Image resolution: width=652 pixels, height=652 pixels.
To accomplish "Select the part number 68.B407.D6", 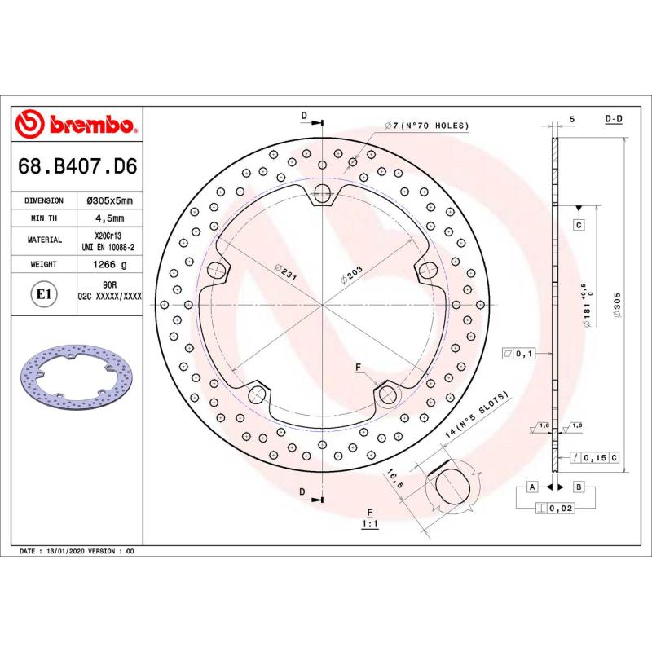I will click(77, 168).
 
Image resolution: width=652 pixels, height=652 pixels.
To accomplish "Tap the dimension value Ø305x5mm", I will click(110, 200).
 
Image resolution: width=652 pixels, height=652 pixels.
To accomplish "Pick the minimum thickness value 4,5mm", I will click(110, 218).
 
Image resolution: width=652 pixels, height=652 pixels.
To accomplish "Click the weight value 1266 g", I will click(110, 265).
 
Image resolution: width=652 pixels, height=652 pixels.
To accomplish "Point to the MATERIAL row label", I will click(45, 240).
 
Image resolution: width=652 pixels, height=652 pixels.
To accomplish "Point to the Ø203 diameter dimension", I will click(352, 275).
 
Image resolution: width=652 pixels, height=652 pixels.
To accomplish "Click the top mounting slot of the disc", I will click(324, 194).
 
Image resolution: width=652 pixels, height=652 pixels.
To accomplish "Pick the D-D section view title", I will click(614, 119).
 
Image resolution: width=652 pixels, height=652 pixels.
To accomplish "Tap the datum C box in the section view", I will click(578, 224).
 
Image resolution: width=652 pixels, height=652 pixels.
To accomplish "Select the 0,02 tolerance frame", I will click(555, 509).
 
